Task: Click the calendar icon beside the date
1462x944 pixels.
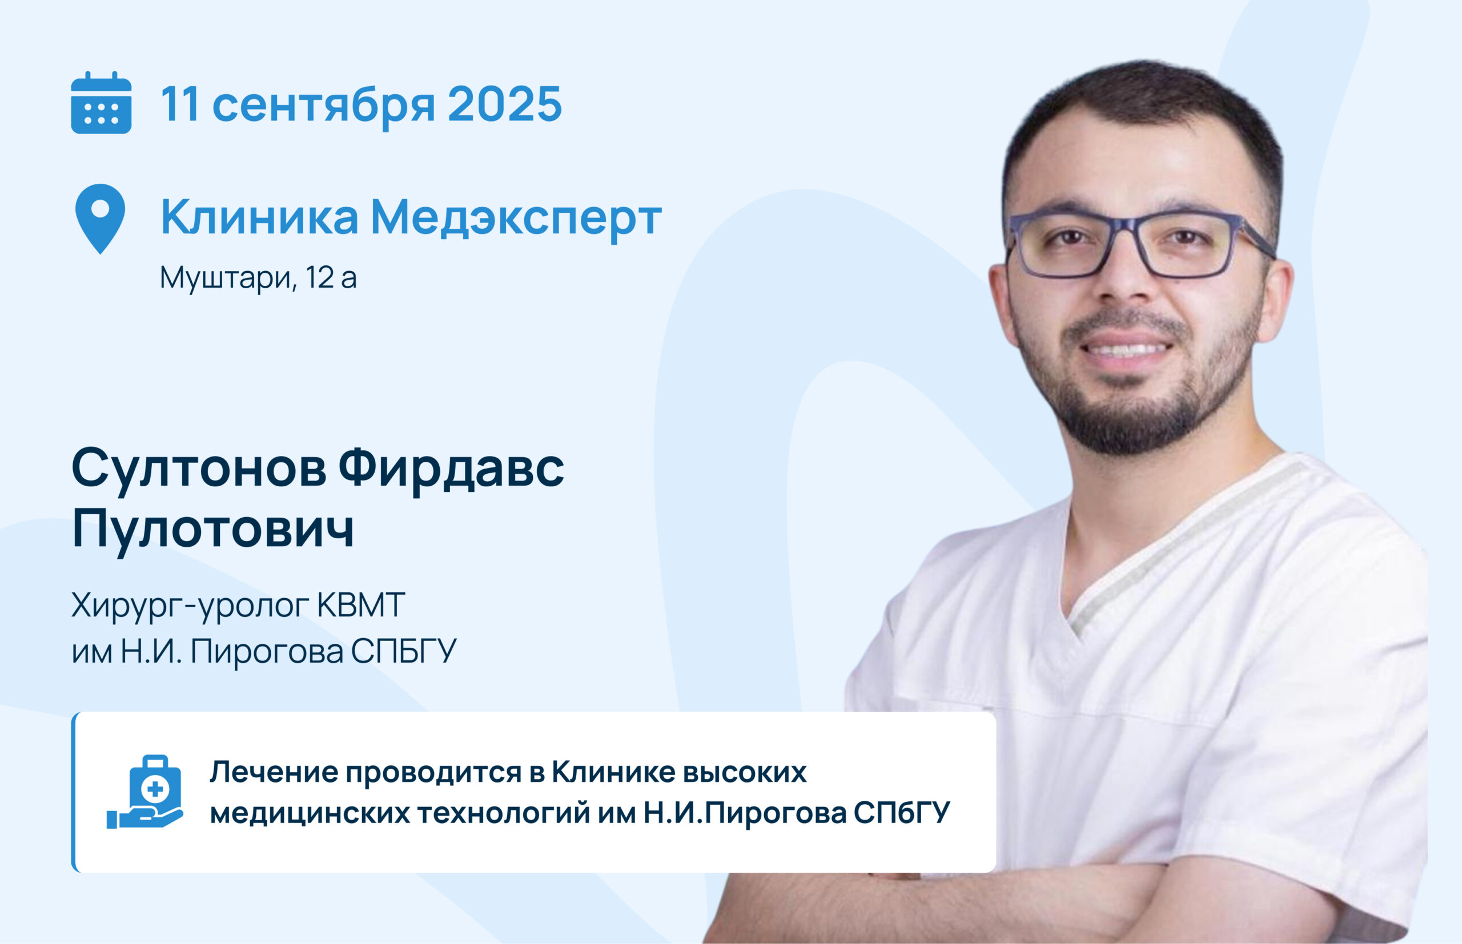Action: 101,102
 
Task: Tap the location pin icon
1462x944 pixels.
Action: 100,219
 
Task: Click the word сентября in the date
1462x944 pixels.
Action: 324,106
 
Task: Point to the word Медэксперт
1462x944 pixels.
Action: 516,217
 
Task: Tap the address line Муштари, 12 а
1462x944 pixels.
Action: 258,278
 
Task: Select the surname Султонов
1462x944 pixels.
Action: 199,470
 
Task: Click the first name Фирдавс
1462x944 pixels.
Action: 451,469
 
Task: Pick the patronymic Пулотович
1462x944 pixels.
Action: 213,528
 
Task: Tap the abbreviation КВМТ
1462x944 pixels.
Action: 360,604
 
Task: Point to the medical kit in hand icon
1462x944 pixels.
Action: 145,792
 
